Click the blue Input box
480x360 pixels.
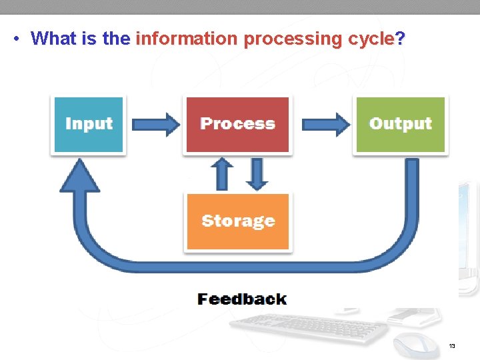click(88, 125)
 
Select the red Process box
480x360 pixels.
click(237, 125)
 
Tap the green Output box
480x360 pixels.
click(400, 125)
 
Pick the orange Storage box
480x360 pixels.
click(237, 221)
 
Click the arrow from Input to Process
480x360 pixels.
click(156, 124)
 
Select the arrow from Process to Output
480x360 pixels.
click(325, 124)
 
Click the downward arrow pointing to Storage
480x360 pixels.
click(256, 174)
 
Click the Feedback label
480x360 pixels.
click(242, 299)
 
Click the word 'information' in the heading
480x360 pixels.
click(186, 39)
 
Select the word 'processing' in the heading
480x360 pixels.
click(293, 39)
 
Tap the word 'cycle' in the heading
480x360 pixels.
click(371, 39)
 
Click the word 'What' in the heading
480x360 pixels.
click(54, 39)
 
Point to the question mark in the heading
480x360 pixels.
click(399, 39)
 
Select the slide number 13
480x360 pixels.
click(452, 346)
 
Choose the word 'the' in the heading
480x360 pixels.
click(117, 39)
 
